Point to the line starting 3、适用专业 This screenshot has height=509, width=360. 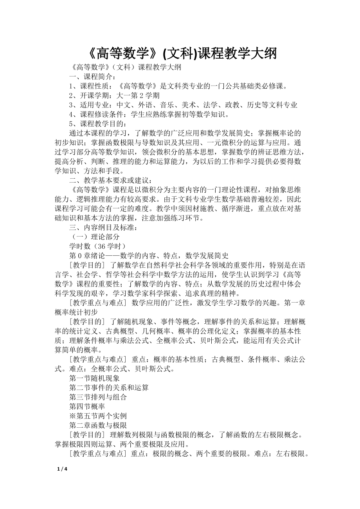point(183,105)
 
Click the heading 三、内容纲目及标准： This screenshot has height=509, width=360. point(103,228)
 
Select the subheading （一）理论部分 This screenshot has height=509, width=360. point(94,237)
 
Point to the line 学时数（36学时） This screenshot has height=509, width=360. point(97,246)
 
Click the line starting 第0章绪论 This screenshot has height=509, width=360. point(148,256)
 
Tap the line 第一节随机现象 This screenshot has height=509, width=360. point(94,378)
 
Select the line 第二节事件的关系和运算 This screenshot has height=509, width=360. point(109,387)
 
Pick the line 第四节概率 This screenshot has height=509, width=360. point(87,406)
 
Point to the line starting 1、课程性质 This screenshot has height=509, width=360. point(178,86)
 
